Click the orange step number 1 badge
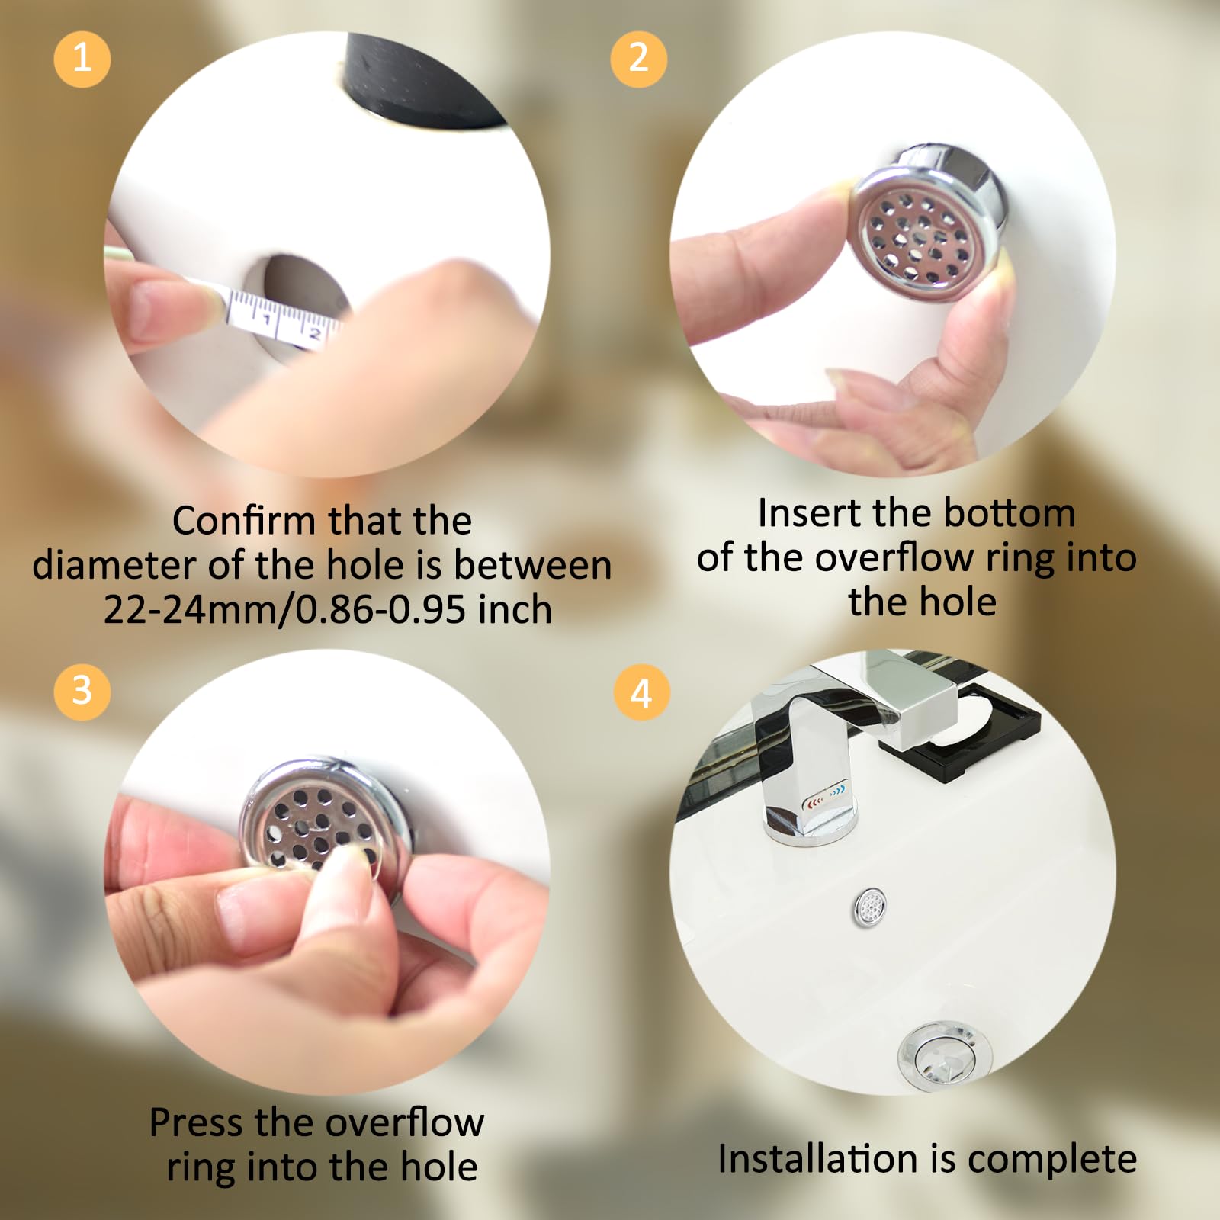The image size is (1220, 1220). coord(82,59)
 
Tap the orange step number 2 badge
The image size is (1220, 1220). coord(638,59)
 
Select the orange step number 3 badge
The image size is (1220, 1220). coord(82,692)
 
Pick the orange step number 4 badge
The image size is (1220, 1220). coord(641,693)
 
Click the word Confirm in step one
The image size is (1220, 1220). coord(244,522)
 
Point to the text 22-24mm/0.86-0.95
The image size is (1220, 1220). coord(284,610)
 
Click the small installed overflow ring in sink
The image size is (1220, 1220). coord(869,908)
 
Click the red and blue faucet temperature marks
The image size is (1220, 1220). coord(825,797)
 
